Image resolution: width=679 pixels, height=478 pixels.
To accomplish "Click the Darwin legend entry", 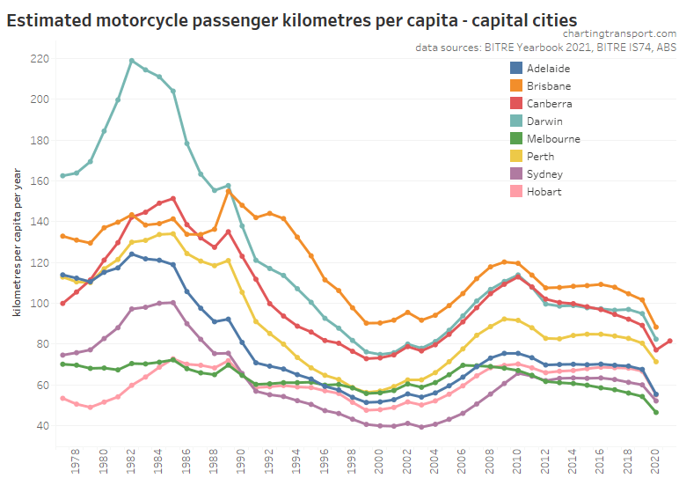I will point(546,121).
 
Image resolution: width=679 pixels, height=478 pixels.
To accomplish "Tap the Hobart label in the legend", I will point(544,191).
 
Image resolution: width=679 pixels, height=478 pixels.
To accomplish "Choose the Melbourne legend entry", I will point(553,138).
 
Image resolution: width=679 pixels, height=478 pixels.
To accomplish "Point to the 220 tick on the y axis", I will point(38,59).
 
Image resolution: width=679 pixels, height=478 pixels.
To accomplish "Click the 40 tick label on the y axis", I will point(41,426).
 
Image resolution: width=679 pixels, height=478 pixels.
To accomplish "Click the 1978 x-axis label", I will point(77,460).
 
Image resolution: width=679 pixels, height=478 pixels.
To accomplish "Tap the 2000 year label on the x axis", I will point(380,460).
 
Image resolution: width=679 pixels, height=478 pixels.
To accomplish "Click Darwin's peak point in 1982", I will point(132,61).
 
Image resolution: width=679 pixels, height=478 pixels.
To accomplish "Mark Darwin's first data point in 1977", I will point(62,176).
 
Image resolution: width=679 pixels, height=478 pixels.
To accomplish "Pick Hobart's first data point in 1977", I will point(62,398).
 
